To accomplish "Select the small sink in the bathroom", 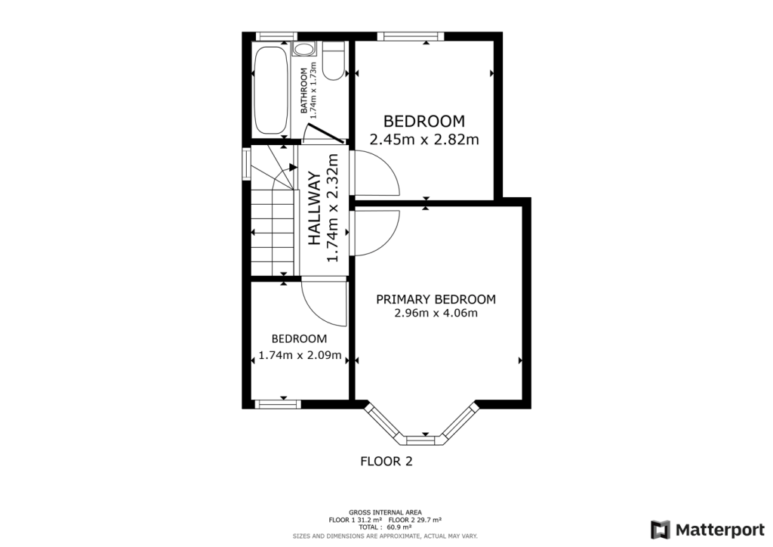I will [303, 49].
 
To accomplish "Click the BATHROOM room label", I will [305, 91].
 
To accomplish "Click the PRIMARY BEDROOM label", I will [436, 299].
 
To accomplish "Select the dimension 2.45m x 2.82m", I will [424, 139].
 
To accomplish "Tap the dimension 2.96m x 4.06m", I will [436, 314].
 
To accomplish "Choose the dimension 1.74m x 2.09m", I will [300, 355].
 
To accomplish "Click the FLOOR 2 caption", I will [386, 461].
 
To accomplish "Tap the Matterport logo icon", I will [661, 528].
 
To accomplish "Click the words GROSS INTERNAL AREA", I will [385, 511].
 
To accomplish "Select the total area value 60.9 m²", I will [411, 527].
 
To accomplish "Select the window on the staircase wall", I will [245, 163].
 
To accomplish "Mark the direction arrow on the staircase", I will [291, 168].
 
